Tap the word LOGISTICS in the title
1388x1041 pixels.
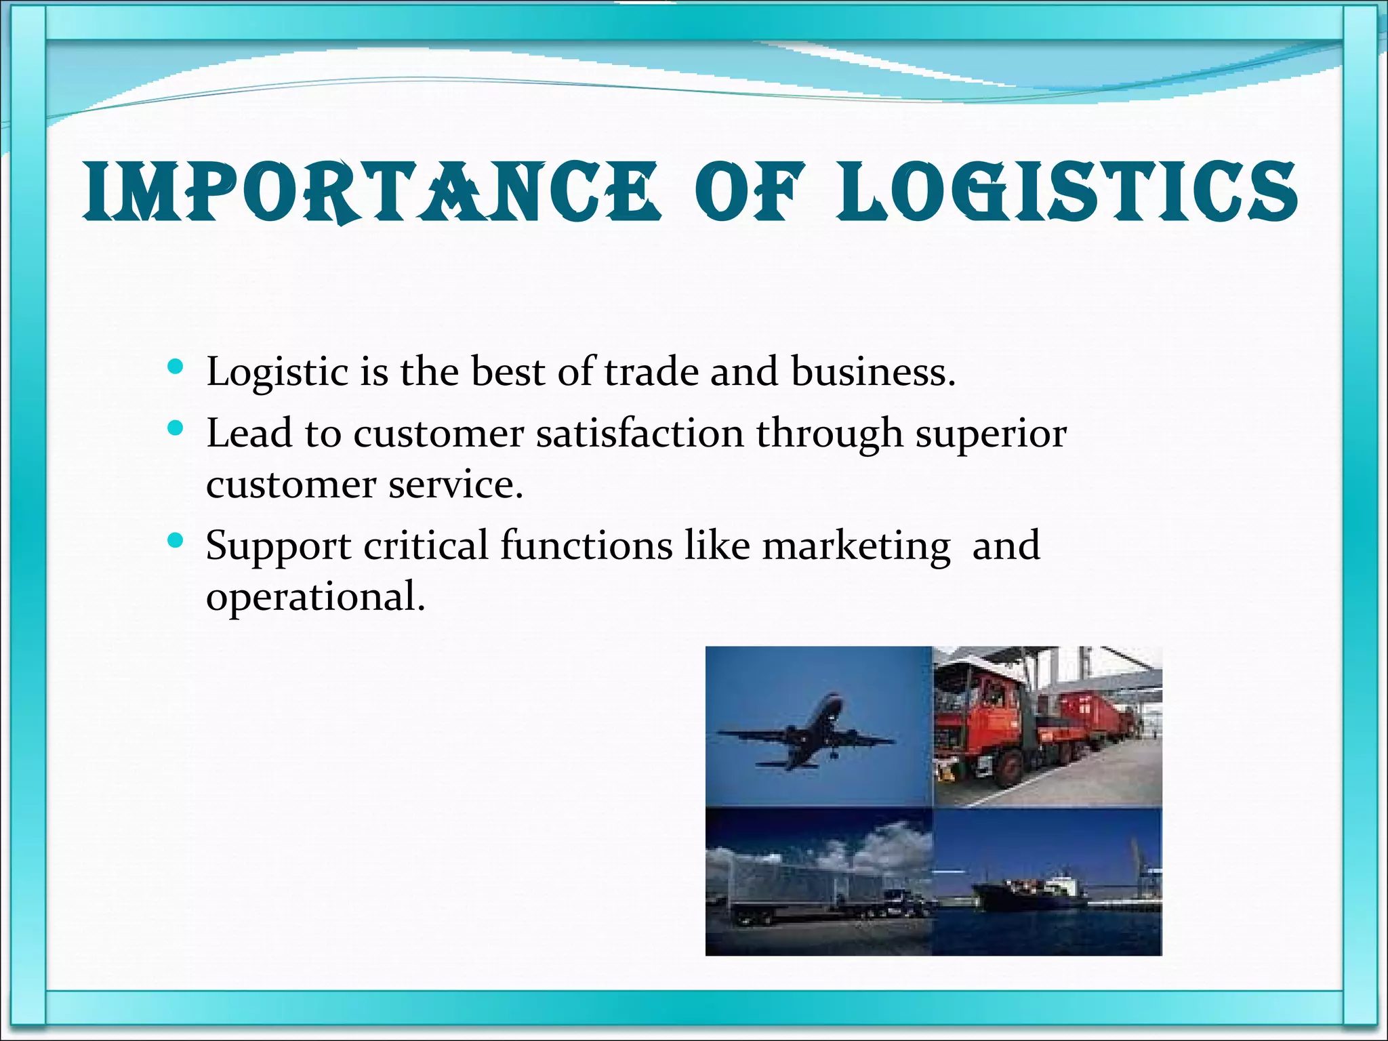pyautogui.click(x=1067, y=191)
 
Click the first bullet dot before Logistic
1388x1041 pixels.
pyautogui.click(x=176, y=367)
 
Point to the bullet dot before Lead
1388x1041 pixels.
pyautogui.click(x=176, y=428)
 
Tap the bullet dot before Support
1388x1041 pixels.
pyautogui.click(x=176, y=540)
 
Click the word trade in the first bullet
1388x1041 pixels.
pyautogui.click(x=651, y=372)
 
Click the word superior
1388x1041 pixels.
pyautogui.click(x=991, y=434)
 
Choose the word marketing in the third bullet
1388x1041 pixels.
pyautogui.click(x=856, y=546)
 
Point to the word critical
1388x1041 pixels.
pyautogui.click(x=426, y=545)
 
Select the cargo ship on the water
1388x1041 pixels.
pyautogui.click(x=1030, y=895)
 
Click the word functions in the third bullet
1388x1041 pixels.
pyautogui.click(x=586, y=545)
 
